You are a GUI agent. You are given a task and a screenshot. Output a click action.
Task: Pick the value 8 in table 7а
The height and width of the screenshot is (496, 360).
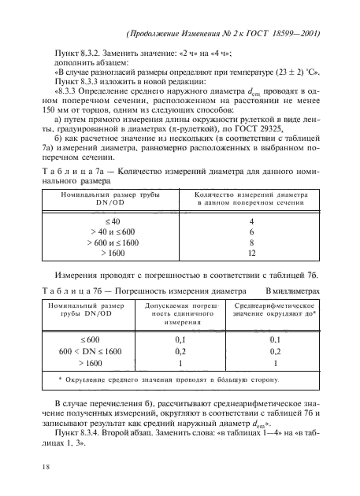click(251, 244)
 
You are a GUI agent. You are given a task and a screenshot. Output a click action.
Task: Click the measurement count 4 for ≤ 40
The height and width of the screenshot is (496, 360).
click(251, 222)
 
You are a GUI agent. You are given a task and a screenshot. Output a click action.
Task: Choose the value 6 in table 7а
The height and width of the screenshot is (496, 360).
click(251, 233)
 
